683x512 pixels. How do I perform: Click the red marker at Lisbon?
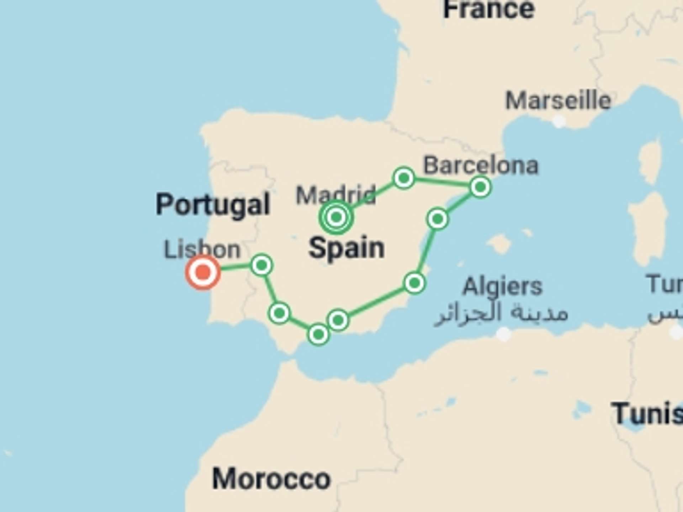203,273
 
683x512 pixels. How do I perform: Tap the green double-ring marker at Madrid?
336,217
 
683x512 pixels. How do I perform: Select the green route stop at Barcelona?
480,187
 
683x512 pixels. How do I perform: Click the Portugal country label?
213,204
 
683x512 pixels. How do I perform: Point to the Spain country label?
346,248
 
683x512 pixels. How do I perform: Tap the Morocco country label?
271,479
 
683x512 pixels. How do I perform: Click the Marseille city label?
558,101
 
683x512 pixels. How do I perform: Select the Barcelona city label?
481,165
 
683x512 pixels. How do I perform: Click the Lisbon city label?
202,249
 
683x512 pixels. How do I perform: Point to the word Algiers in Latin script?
502,286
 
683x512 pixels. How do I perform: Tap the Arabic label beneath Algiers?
501,314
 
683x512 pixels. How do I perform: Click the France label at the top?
489,9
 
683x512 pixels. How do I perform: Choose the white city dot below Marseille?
559,122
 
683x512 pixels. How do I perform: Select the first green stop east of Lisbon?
262,265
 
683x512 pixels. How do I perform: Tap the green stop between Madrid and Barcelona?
404,177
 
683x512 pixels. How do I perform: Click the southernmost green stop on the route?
318,334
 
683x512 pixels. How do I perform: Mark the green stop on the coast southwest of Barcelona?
438,219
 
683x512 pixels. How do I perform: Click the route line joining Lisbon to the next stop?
235,267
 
